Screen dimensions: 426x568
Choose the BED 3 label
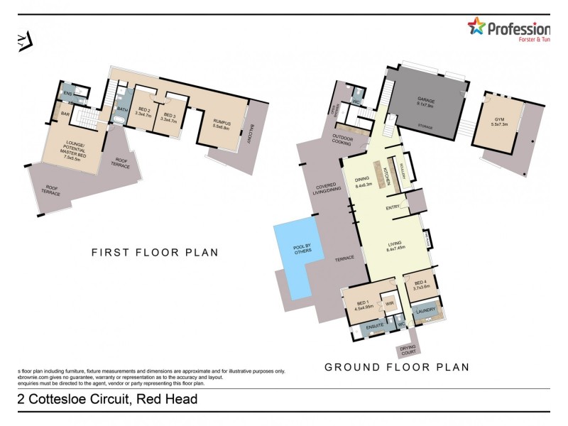[169, 115]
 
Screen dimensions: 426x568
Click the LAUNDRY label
[425, 310]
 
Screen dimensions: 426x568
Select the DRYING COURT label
[408, 349]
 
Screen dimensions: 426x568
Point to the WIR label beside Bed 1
[389, 304]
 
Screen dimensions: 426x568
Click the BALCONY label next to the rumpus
[250, 135]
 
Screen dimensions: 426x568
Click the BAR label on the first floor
[65, 114]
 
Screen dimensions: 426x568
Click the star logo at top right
[476, 27]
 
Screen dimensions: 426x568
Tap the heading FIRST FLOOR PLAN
[154, 252]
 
